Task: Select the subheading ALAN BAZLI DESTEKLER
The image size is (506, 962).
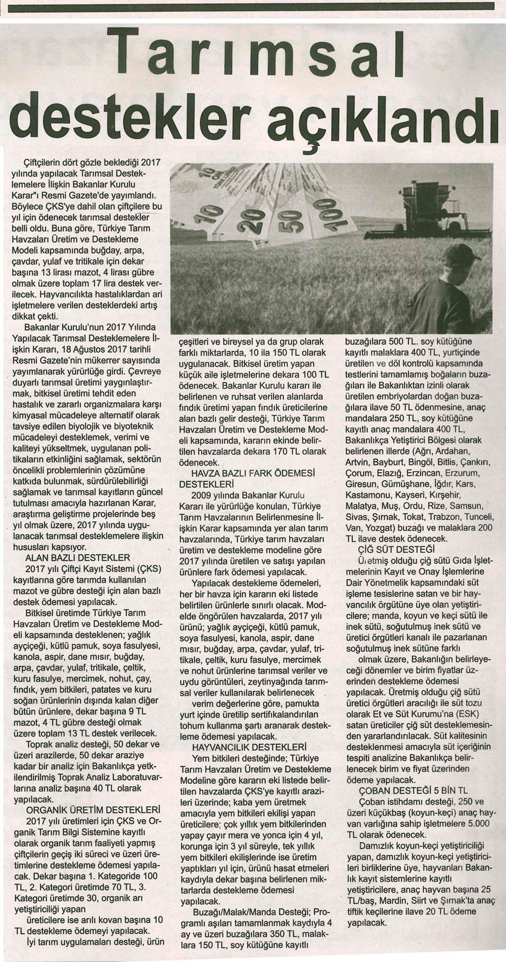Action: (x=78, y=557)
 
